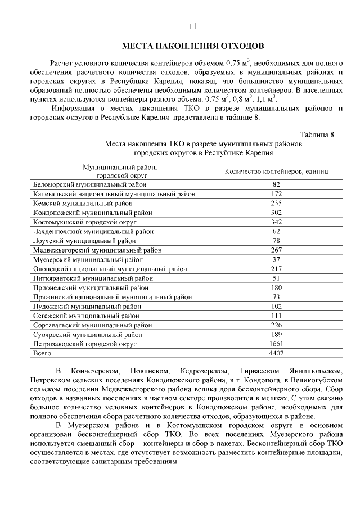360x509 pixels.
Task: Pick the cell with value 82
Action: [276, 184]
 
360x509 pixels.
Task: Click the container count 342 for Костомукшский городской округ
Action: [276, 222]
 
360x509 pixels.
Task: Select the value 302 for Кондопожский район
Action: [276, 213]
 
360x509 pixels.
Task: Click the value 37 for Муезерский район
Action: [276, 259]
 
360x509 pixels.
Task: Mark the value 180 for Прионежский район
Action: [276, 287]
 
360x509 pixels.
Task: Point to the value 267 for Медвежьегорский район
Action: [276, 250]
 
